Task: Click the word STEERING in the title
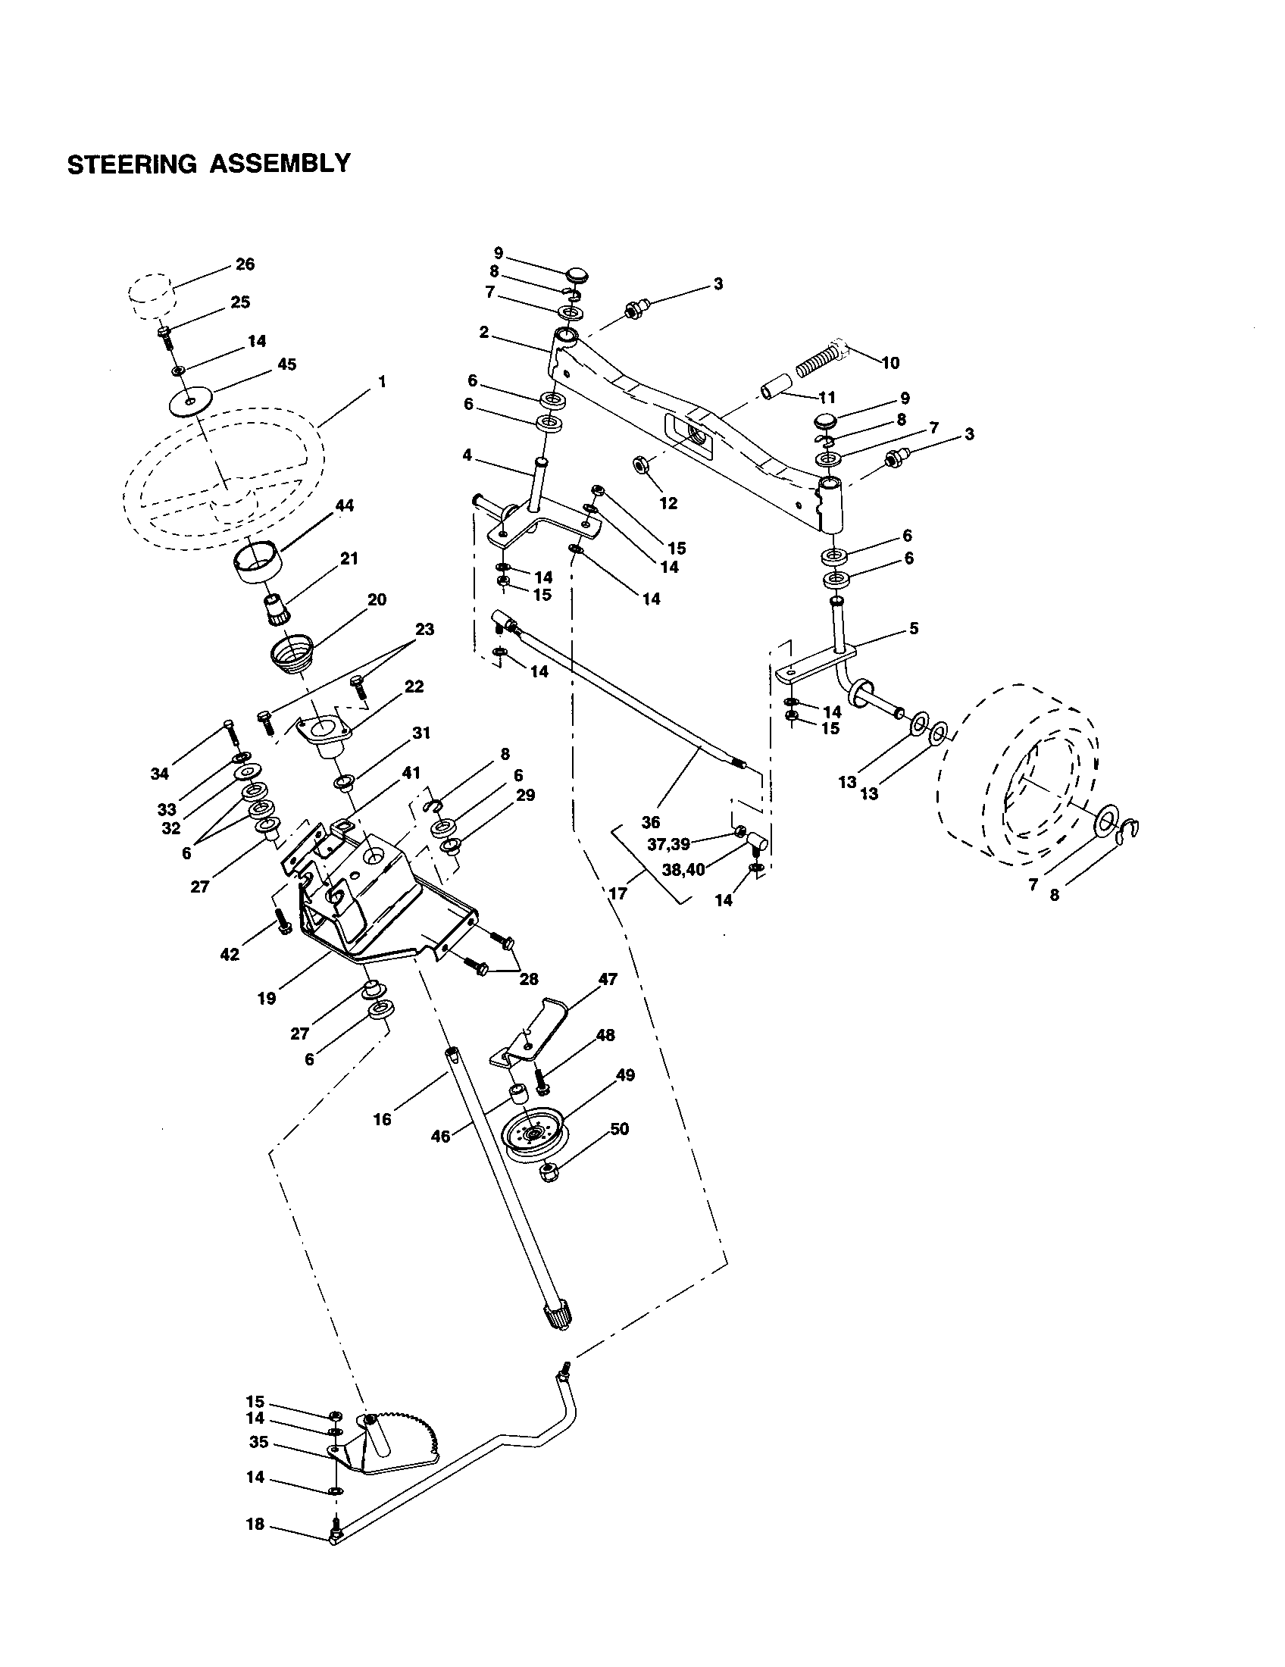point(131,164)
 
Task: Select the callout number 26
point(245,264)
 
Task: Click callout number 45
point(286,364)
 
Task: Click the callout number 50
point(620,1128)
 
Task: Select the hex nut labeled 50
point(549,1172)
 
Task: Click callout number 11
point(827,398)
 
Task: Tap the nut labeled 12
point(642,463)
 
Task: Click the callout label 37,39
point(668,844)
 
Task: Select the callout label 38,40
point(684,868)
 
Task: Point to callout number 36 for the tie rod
point(650,822)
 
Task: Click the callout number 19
point(266,998)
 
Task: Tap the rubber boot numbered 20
point(292,655)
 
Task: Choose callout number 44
point(345,505)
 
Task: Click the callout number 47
point(608,979)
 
